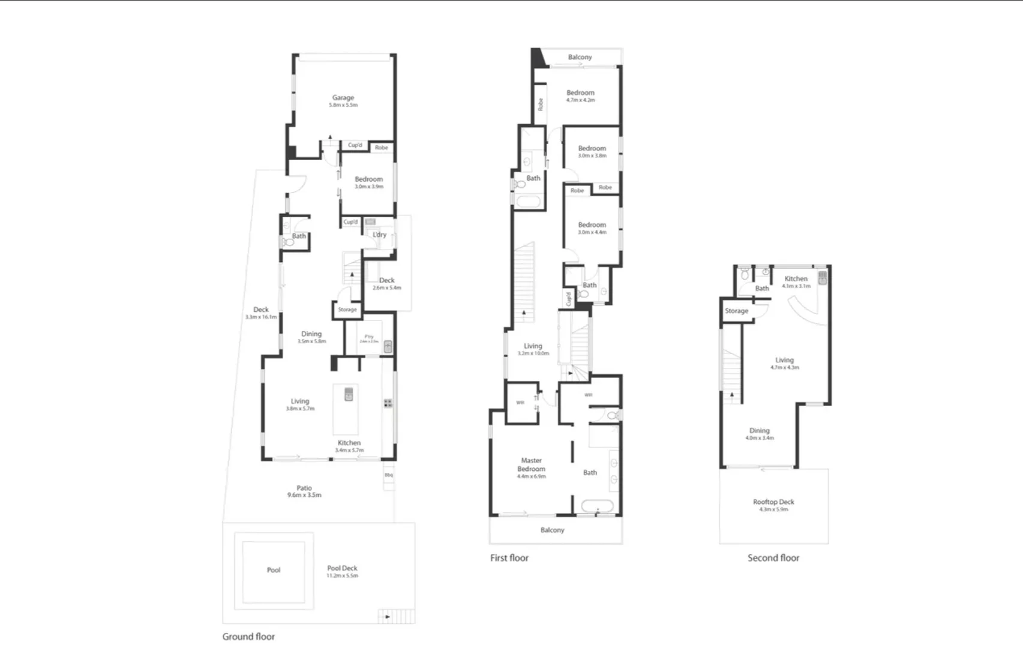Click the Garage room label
(343, 98)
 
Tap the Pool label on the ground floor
(274, 570)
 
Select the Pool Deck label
(342, 568)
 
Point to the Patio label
(304, 488)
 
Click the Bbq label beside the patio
(389, 475)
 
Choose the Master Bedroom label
(532, 465)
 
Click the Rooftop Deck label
(773, 502)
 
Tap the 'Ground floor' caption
(248, 637)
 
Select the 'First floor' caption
(509, 558)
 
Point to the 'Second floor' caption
(773, 558)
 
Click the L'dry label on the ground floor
(380, 235)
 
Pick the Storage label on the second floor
(736, 311)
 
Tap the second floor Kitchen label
(796, 278)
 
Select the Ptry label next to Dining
(369, 337)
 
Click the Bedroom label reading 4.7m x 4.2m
(581, 93)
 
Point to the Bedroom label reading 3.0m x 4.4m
(592, 225)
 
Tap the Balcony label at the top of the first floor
(580, 57)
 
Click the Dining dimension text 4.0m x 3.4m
(760, 438)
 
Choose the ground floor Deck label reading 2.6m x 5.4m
(387, 280)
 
